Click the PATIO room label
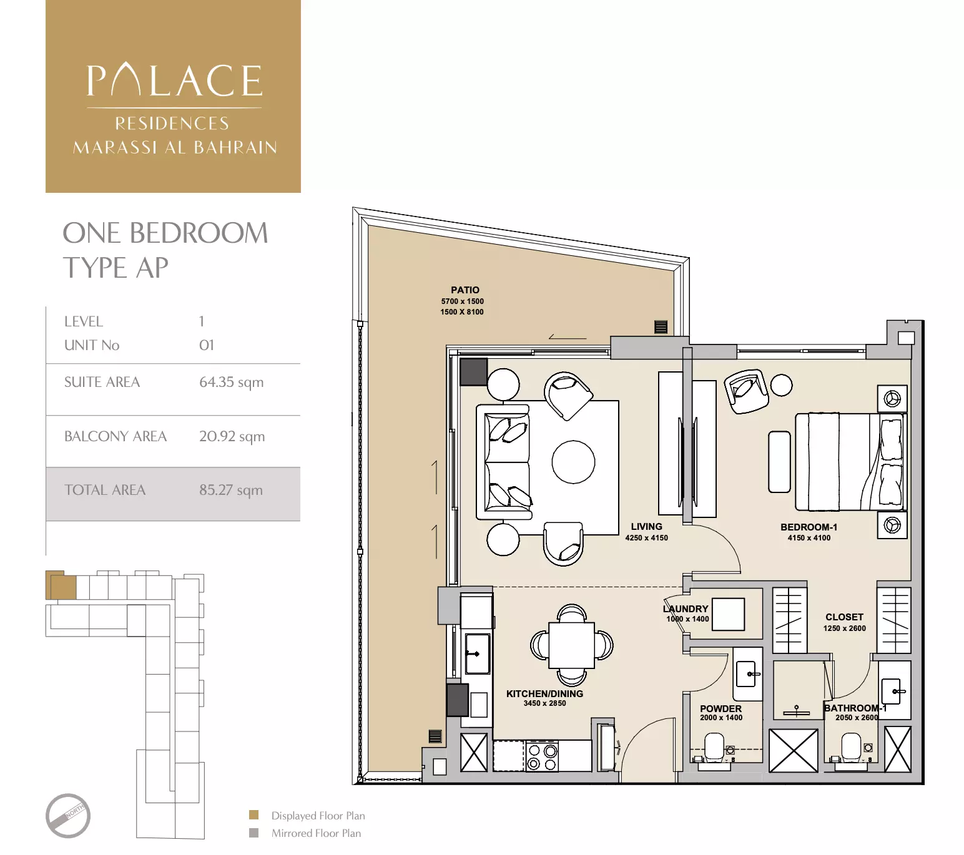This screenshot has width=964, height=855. (x=465, y=290)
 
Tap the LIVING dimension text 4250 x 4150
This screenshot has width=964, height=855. (x=646, y=538)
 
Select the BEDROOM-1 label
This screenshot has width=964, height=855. (x=809, y=527)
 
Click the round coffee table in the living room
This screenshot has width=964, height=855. (x=573, y=462)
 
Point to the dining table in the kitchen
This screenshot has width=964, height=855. (x=571, y=645)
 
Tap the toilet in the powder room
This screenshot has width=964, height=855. (x=714, y=747)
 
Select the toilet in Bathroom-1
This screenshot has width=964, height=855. (x=850, y=747)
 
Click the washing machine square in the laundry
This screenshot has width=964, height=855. (x=728, y=614)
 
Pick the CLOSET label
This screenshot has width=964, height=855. (x=844, y=617)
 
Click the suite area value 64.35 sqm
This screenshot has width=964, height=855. (x=231, y=382)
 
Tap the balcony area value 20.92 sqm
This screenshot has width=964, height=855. (x=232, y=436)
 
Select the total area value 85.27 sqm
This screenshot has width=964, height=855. (x=230, y=491)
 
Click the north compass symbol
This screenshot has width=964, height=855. (x=68, y=816)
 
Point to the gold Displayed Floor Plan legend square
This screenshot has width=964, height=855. (x=253, y=815)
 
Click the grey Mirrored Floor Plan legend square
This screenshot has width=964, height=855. (x=253, y=833)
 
